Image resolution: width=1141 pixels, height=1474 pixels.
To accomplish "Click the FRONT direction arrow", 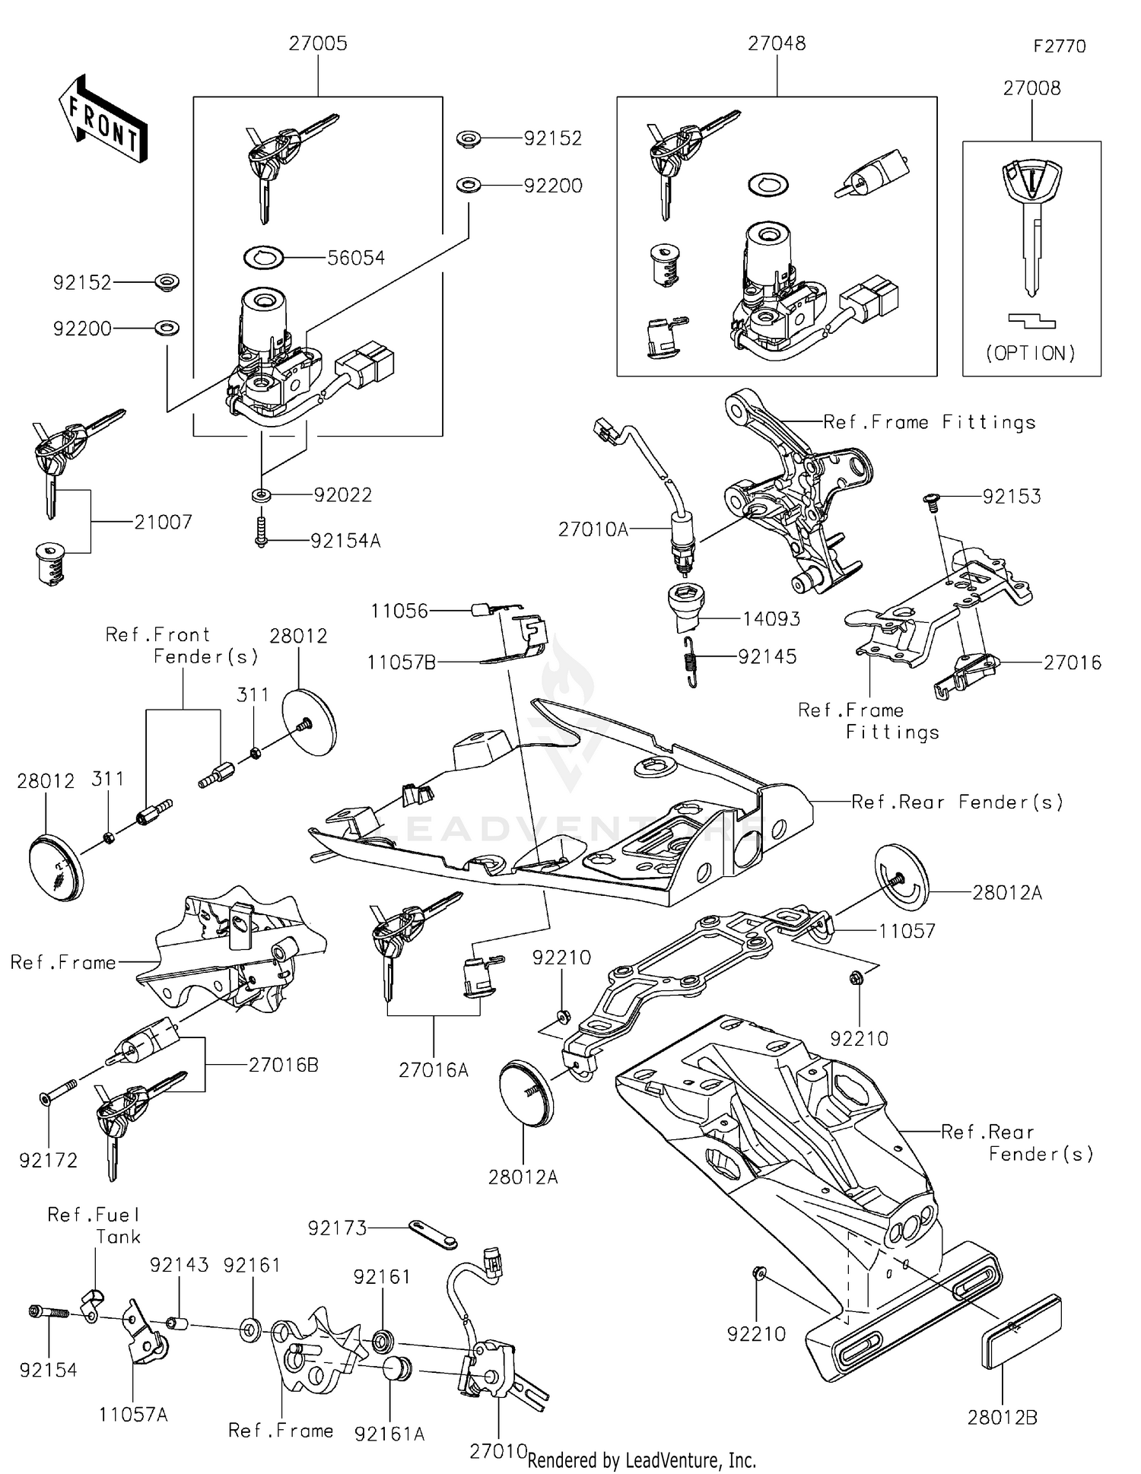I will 102,119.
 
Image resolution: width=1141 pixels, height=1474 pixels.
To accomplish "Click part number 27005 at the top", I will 317,44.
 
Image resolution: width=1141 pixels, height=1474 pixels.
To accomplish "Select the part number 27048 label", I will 776,44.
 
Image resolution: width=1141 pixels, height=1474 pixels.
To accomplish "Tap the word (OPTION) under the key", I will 1031,354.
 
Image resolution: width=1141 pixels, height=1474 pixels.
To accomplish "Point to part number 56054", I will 356,259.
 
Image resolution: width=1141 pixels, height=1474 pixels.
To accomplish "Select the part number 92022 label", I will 343,496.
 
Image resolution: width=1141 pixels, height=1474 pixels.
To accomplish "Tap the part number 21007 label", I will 163,523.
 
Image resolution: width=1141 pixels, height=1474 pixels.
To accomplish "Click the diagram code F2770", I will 1059,46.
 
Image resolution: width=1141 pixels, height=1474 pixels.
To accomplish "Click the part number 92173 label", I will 337,1228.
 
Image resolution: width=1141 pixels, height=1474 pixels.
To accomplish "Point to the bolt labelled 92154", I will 48,1313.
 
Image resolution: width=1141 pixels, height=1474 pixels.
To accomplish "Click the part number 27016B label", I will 283,1066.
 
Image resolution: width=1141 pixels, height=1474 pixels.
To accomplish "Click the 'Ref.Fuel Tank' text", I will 94,1225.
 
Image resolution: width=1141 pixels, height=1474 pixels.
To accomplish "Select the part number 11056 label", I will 399,612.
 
